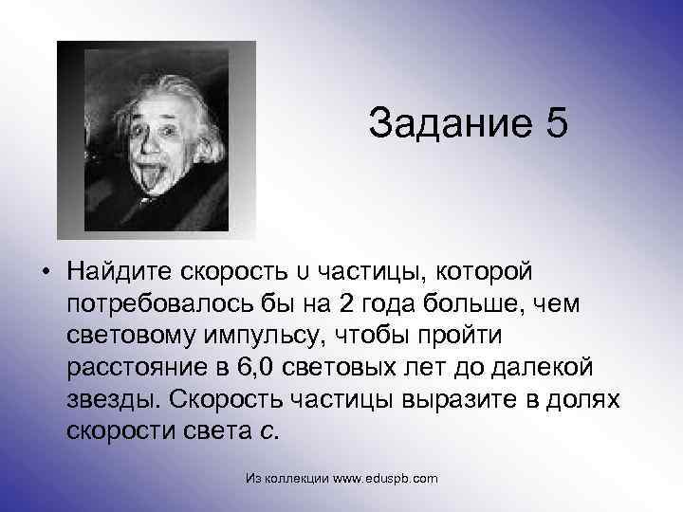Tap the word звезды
(x=110, y=399)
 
